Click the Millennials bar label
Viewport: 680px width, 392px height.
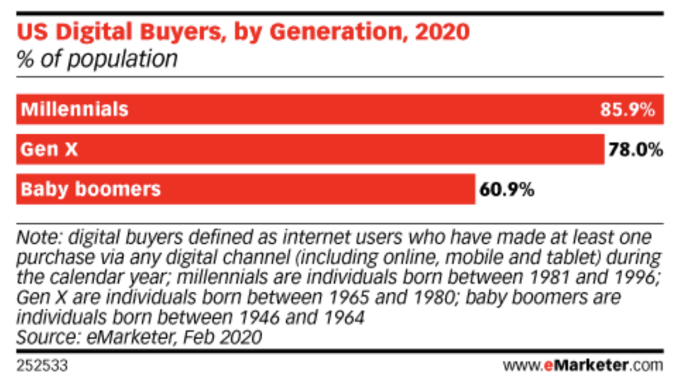74,109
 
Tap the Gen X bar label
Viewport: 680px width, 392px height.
48,149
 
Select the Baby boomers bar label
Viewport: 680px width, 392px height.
90,189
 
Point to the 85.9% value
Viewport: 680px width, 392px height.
628,110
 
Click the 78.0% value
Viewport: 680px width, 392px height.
635,150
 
